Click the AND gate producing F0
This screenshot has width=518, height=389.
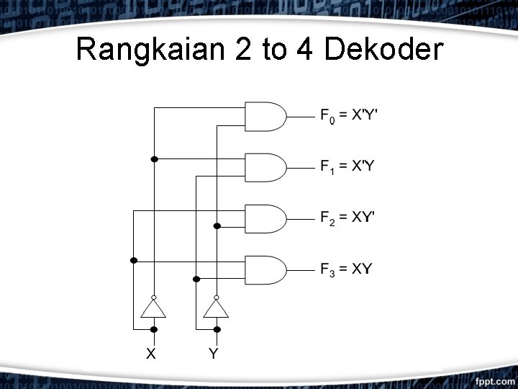[265, 116]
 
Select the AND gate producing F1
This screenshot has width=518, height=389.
[265, 167]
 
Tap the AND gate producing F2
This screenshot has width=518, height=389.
[265, 218]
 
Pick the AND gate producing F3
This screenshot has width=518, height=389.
[265, 269]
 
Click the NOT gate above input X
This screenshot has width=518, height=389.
[153, 308]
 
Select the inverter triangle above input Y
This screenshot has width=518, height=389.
[216, 308]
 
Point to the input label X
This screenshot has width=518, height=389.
[152, 353]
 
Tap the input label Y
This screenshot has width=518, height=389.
[214, 353]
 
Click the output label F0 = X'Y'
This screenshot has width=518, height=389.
[348, 115]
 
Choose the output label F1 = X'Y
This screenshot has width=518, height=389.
[347, 167]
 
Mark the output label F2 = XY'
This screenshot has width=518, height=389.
[348, 218]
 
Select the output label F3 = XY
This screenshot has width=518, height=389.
[346, 269]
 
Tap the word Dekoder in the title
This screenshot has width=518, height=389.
[383, 50]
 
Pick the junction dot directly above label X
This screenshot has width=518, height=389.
[153, 329]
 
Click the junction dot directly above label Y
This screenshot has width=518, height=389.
[216, 329]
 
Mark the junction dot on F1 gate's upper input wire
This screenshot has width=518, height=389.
[153, 158]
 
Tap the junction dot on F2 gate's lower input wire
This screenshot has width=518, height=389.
[216, 226]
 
